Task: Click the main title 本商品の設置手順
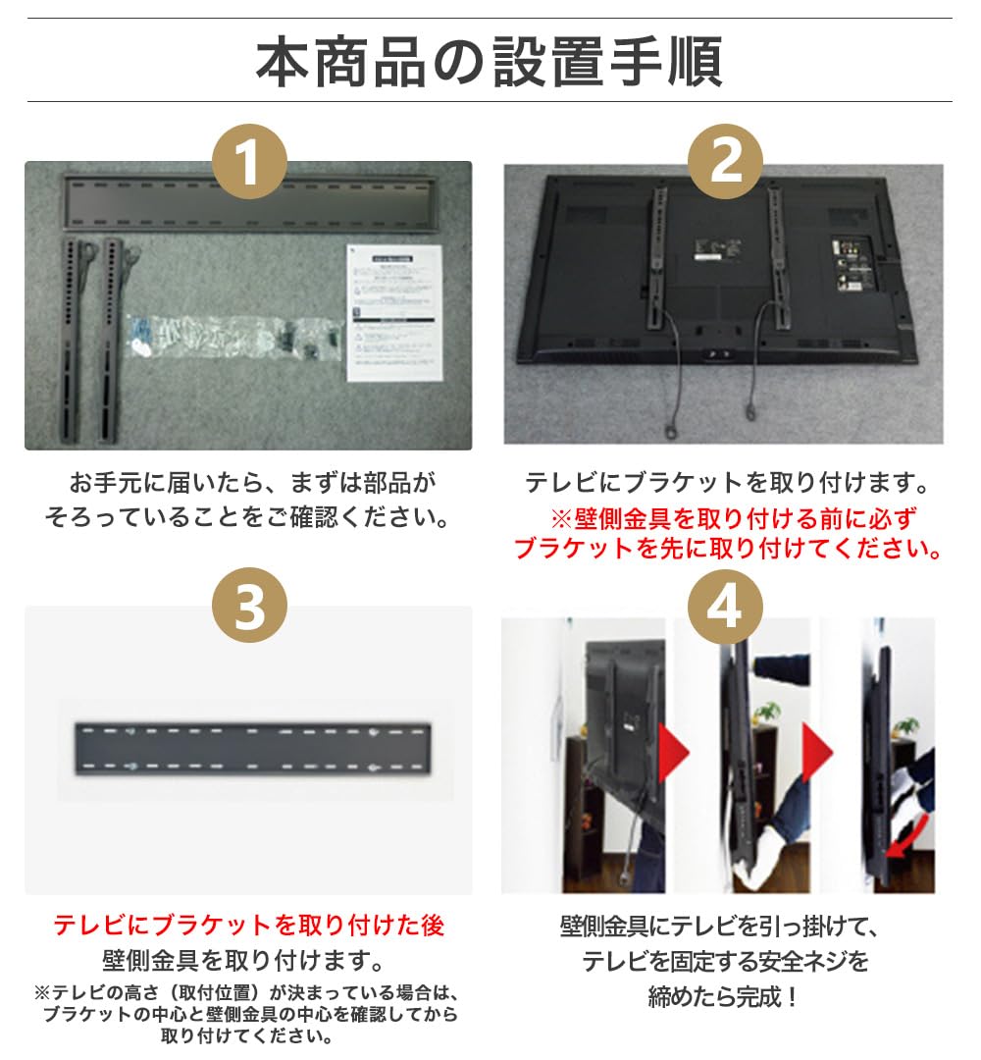coord(490,61)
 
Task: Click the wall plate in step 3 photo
coord(253,750)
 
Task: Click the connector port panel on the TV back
coord(850,264)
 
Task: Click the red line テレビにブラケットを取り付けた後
coord(248,925)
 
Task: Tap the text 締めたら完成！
coord(724,997)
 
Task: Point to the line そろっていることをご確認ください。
coord(247,516)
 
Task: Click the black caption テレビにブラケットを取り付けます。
coord(727,483)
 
